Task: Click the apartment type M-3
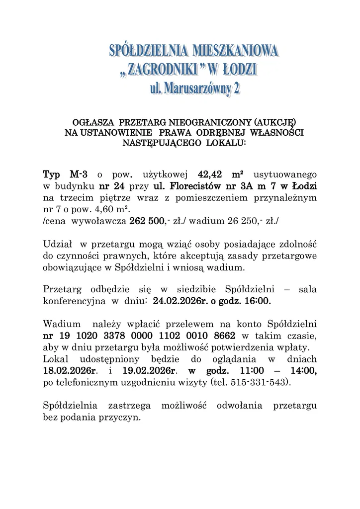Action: click(79, 174)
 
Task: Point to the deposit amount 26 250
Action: click(234, 221)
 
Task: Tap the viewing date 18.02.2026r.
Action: click(70, 371)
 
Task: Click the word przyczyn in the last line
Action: click(124, 418)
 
